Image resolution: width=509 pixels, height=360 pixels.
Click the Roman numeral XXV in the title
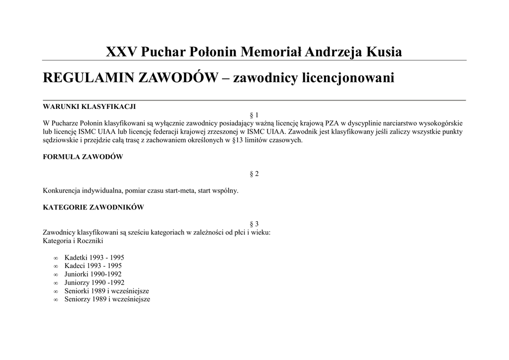coord(122,52)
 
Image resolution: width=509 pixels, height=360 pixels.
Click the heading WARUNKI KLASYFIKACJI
coord(89,106)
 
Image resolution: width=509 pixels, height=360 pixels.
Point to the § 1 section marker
coord(254,115)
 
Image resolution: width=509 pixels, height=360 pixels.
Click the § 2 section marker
coord(254,174)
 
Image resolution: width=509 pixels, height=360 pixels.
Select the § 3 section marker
coord(254,224)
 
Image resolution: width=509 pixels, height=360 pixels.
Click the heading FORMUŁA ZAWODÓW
coord(83,157)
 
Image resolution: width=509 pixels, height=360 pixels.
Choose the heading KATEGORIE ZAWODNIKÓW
coord(93,207)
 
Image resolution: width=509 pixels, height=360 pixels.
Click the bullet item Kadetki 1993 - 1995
coord(94,258)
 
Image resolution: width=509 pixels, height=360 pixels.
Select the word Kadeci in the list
coord(75,266)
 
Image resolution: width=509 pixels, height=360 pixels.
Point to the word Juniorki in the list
coord(77,274)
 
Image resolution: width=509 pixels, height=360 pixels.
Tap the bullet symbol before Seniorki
coord(55,291)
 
